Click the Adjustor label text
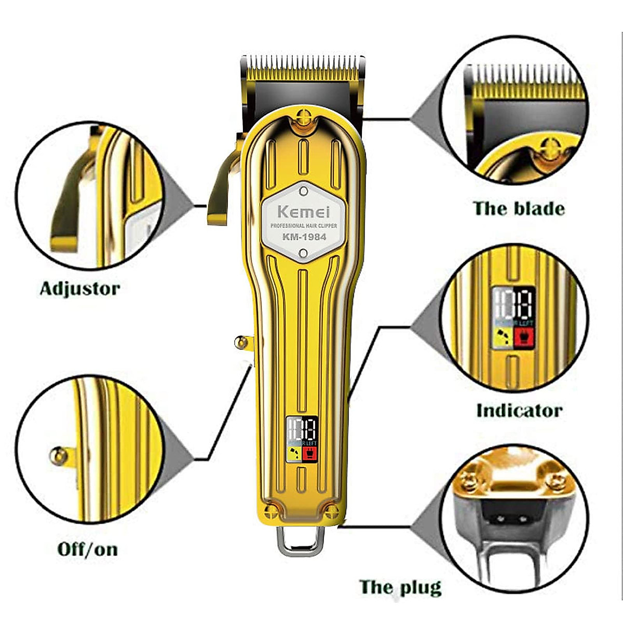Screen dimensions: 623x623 pos(80,289)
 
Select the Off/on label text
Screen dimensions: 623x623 pos(87,549)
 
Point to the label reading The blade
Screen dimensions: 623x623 pos(519,209)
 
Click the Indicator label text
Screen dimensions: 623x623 pos(519,411)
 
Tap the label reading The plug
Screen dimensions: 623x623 pos(400,587)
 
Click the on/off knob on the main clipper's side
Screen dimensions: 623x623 pos(241,342)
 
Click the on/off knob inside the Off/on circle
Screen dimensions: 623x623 pos(58,456)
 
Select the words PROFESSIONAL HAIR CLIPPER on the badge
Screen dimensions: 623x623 pos(303,226)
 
